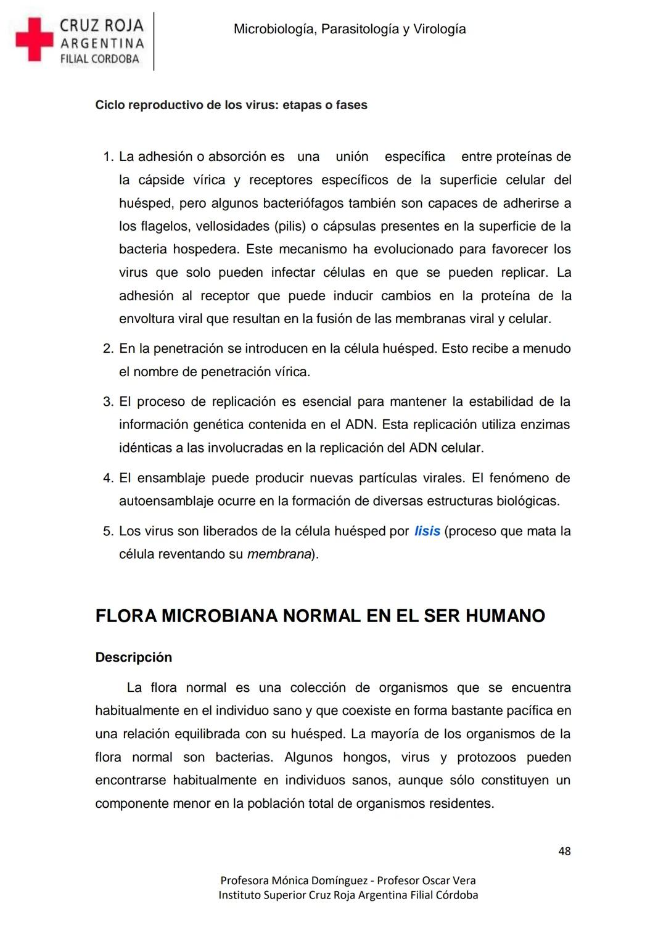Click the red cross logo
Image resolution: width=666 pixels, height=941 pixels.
tap(35, 39)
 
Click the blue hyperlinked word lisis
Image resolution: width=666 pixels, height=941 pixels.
tap(427, 531)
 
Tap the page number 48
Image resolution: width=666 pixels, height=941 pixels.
tap(564, 851)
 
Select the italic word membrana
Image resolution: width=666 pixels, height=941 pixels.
tap(279, 554)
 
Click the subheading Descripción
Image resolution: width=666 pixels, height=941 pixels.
tap(133, 657)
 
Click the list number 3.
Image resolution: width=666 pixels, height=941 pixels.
tap(108, 402)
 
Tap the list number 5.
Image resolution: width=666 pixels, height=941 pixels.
tap(108, 532)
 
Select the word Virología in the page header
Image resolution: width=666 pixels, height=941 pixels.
tap(439, 29)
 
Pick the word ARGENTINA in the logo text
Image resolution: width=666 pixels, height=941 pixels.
tap(102, 43)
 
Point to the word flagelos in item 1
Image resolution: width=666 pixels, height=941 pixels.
tap(165, 226)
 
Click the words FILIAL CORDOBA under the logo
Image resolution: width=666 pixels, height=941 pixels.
tap(99, 59)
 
